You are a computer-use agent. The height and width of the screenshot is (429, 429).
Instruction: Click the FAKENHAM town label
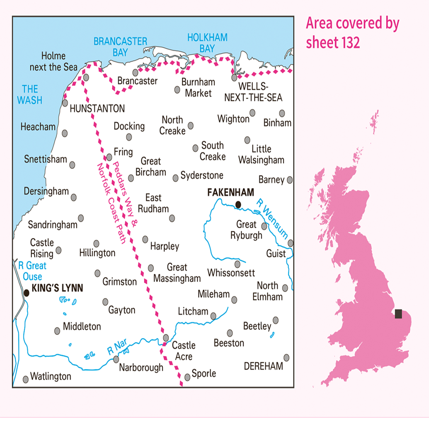point(231,192)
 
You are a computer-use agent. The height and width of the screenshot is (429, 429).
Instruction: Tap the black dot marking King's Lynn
point(27,293)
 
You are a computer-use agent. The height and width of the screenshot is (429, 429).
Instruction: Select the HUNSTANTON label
point(97,109)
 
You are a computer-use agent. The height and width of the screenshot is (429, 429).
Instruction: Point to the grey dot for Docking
point(129,137)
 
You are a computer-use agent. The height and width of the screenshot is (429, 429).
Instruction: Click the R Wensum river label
point(272,219)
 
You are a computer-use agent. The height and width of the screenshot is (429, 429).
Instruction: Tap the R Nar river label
point(117,347)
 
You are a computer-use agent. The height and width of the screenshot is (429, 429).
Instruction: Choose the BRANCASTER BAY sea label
point(120,47)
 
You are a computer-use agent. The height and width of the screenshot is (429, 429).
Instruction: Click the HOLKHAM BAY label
point(207,43)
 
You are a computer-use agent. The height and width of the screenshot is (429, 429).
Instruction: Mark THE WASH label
point(30,95)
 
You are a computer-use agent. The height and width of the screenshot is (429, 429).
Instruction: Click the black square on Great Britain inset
point(399,314)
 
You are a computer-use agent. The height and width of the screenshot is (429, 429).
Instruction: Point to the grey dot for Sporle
point(187,377)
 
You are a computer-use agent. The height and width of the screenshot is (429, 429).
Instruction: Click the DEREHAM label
point(263,366)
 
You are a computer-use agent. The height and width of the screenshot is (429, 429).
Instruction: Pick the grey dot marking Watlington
point(25,379)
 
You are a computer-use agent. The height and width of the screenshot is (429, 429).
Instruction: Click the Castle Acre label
point(184,351)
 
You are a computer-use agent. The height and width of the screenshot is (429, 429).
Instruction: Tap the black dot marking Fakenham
point(238,204)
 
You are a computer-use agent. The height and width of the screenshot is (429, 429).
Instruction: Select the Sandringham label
point(53,225)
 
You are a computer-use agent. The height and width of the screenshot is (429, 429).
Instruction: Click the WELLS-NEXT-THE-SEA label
point(253,92)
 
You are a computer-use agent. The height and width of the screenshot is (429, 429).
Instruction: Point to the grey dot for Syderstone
point(175,178)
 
